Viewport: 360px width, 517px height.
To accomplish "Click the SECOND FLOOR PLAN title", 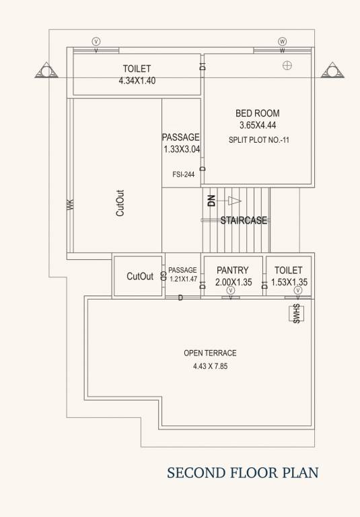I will (x=243, y=473).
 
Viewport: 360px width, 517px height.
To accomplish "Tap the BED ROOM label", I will (x=257, y=113).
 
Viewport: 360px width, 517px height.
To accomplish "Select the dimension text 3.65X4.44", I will (x=257, y=125).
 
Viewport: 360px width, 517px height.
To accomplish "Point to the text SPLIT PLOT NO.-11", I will (x=258, y=140).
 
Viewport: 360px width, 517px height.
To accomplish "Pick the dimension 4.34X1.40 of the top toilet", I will (x=137, y=81).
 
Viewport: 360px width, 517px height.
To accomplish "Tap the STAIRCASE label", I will (x=244, y=220).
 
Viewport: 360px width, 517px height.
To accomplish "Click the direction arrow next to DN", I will (x=233, y=200).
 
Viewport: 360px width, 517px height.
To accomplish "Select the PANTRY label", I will (x=233, y=271).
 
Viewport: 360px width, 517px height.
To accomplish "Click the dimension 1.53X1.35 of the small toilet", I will (x=289, y=283).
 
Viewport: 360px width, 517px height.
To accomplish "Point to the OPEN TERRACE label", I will (x=210, y=353).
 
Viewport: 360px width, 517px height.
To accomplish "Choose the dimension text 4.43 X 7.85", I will (x=210, y=367).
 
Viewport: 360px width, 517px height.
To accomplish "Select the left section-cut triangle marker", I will (x=46, y=70).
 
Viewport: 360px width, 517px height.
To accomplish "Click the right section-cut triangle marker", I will (x=332, y=70).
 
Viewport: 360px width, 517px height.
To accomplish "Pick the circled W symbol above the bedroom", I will (x=282, y=41).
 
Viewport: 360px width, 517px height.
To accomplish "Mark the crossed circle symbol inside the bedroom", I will (x=287, y=65).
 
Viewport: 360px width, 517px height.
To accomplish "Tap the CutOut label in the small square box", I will (x=140, y=277).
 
